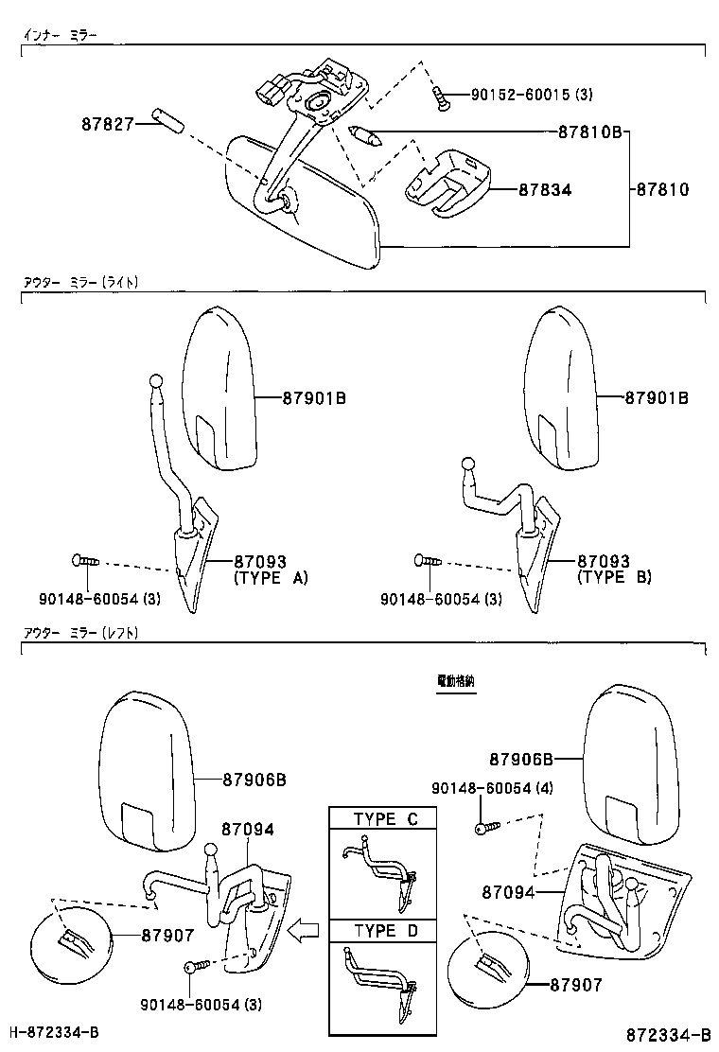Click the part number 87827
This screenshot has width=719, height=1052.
pos(108,122)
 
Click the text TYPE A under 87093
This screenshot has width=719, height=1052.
pos(271,577)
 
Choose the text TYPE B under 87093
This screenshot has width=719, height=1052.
pos(614,577)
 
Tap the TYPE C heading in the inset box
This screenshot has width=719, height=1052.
pos(385,819)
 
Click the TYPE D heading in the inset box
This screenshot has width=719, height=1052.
pos(385,931)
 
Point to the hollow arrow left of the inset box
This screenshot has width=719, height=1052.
pos(305,930)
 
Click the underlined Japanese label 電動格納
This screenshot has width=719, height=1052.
pos(456,680)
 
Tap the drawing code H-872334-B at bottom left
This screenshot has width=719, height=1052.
pos(54,1031)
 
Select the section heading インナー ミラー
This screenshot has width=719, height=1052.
pos(60,35)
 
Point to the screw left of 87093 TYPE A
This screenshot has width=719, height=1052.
pos(83,562)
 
